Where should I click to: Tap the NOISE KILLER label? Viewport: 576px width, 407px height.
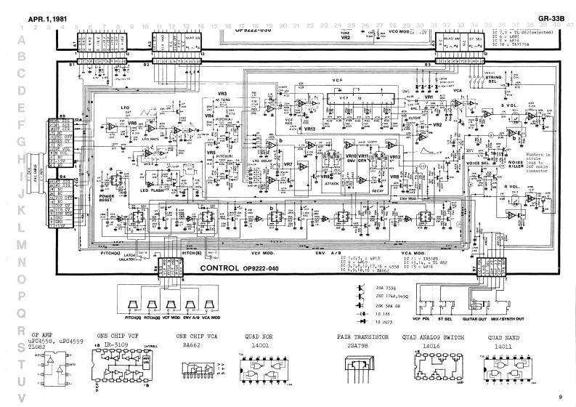click(x=516, y=166)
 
